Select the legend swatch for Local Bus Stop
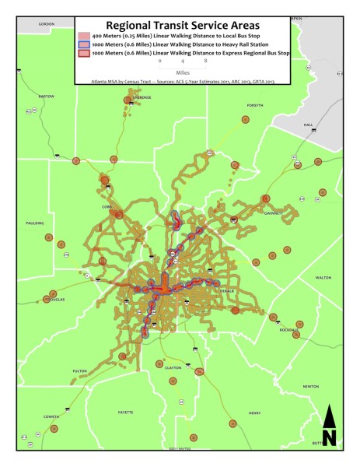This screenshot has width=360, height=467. tap(84, 37)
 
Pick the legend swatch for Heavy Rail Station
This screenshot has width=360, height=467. tap(84, 45)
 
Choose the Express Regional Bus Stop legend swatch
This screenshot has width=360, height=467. tap(84, 54)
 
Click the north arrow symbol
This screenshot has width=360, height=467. tap(329, 427)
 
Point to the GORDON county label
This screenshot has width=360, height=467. tap(46, 24)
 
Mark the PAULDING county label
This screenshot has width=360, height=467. tap(34, 223)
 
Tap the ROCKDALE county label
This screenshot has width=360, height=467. tap(288, 330)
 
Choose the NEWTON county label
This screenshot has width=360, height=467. tap(311, 386)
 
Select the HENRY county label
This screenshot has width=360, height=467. tap(254, 413)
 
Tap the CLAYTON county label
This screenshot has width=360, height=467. tap(173, 367)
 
